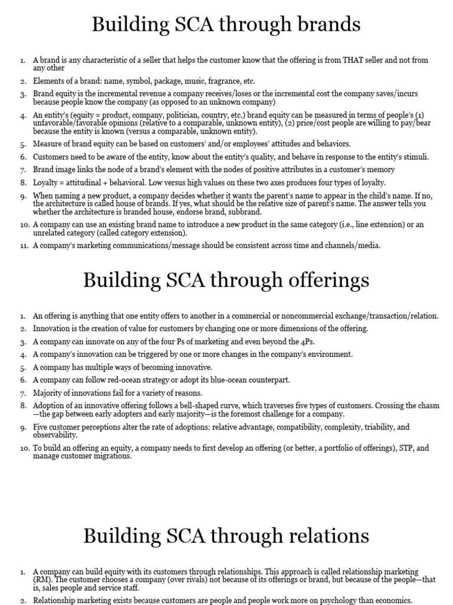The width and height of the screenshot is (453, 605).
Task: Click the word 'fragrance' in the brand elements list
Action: click(x=216, y=81)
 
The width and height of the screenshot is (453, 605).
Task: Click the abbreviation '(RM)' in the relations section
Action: click(x=42, y=580)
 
